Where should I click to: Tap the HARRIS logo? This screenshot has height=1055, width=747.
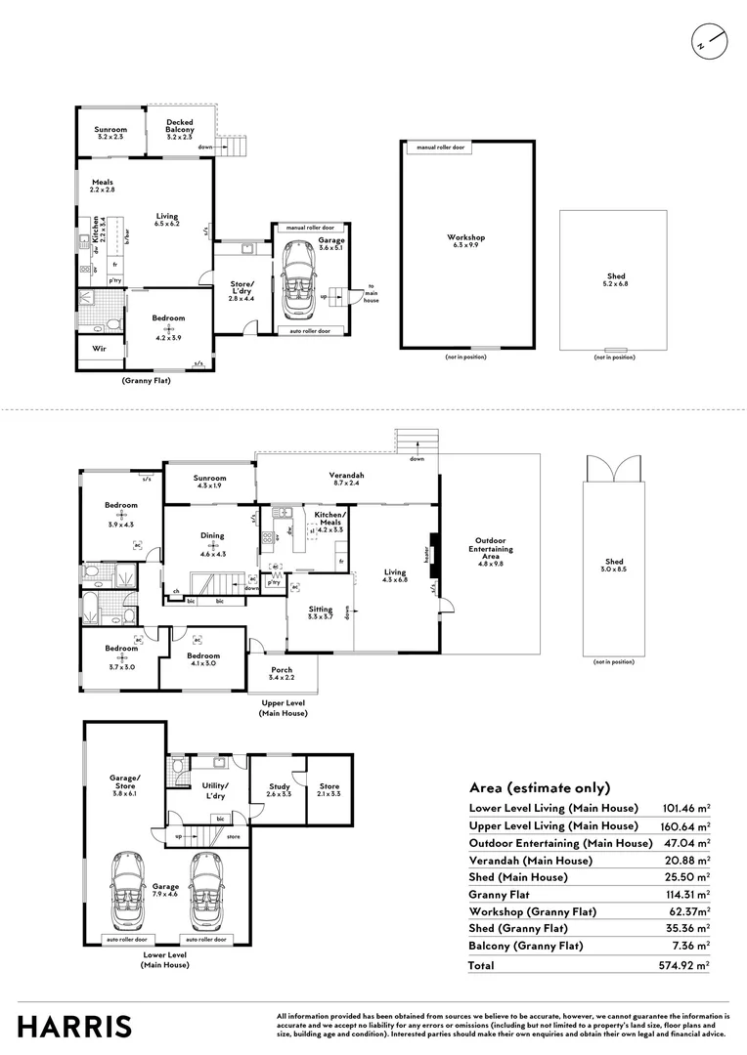point(74,1027)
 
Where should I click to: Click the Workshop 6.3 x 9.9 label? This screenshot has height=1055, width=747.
point(466,241)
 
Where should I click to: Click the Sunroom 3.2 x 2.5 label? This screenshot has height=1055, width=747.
point(110,133)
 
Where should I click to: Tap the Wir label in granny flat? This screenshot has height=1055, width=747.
point(99,348)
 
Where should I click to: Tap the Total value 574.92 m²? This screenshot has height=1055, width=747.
point(687,965)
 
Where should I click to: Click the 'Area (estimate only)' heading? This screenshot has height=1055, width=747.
point(540,787)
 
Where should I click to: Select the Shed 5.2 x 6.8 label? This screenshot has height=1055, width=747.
point(615,281)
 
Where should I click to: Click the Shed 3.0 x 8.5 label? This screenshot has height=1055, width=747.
point(613,566)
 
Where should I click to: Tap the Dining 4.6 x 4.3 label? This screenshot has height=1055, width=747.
point(212,539)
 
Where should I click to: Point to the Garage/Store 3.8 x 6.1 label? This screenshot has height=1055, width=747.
point(123,782)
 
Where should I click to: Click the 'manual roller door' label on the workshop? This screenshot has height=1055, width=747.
point(440,148)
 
